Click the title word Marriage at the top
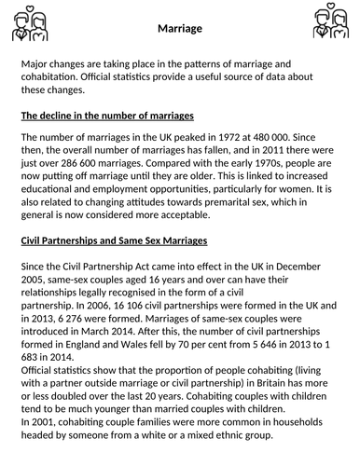point(179,29)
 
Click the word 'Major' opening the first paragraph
point(37,63)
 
